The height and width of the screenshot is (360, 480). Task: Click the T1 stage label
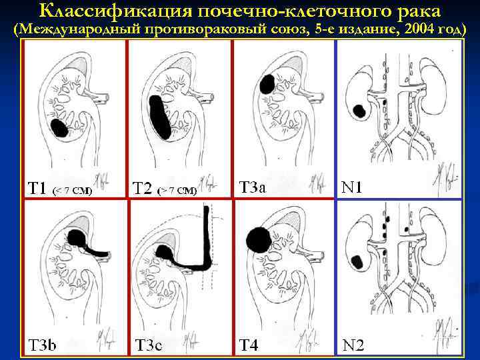coord(37,188)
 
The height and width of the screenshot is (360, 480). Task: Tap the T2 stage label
coord(142,189)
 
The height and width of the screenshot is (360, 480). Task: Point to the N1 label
coord(352,188)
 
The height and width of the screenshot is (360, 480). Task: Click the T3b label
coord(41,345)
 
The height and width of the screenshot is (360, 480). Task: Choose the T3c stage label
coord(148,345)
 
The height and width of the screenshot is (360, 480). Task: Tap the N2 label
coord(353,345)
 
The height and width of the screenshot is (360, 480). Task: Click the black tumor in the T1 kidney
coord(59,127)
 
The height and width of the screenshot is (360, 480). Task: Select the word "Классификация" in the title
coord(118,11)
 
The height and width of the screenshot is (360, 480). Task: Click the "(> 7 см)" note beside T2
coord(177,191)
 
